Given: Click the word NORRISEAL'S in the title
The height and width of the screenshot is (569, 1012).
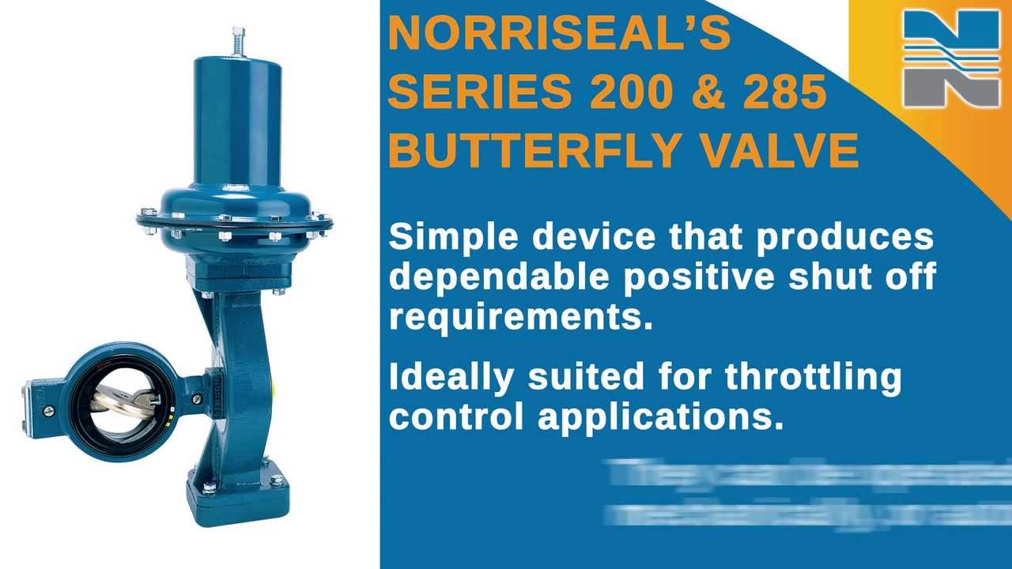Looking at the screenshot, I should click(x=559, y=34).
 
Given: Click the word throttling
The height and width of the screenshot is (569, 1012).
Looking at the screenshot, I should click(x=814, y=378).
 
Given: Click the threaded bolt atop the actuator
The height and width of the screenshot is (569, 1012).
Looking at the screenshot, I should click(x=238, y=41).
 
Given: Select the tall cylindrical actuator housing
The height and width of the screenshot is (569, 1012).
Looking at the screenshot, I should click(x=237, y=119).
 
